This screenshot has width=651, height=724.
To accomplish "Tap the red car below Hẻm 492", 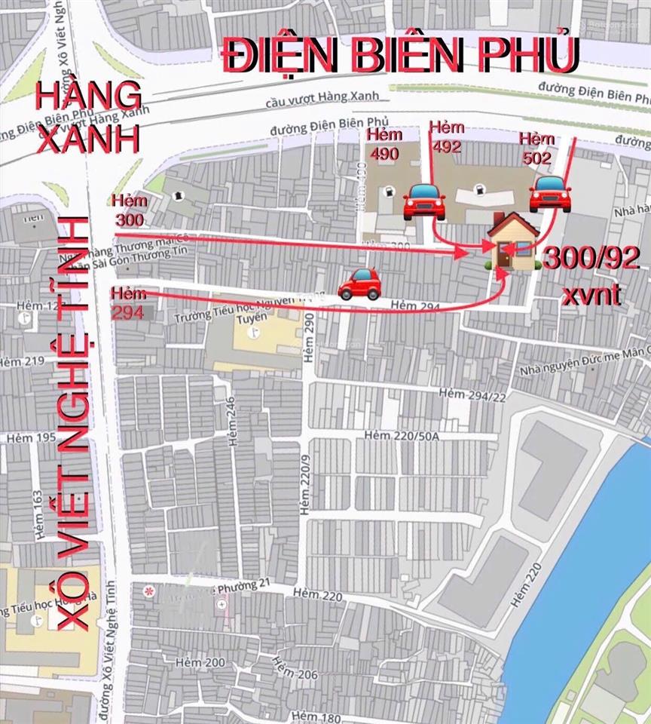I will coord(424,201).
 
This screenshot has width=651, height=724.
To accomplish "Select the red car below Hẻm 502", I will coord(549,194).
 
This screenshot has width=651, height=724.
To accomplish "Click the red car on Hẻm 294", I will coord(359,284).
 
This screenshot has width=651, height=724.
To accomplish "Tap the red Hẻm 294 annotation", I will coord(127,301).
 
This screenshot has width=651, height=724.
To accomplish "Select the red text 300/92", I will coord(592,259).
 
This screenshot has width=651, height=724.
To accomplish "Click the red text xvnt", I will coord(591,293).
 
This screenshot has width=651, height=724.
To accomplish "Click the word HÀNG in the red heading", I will coord(90,97).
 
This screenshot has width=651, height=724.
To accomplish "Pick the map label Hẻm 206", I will coord(295,667).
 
